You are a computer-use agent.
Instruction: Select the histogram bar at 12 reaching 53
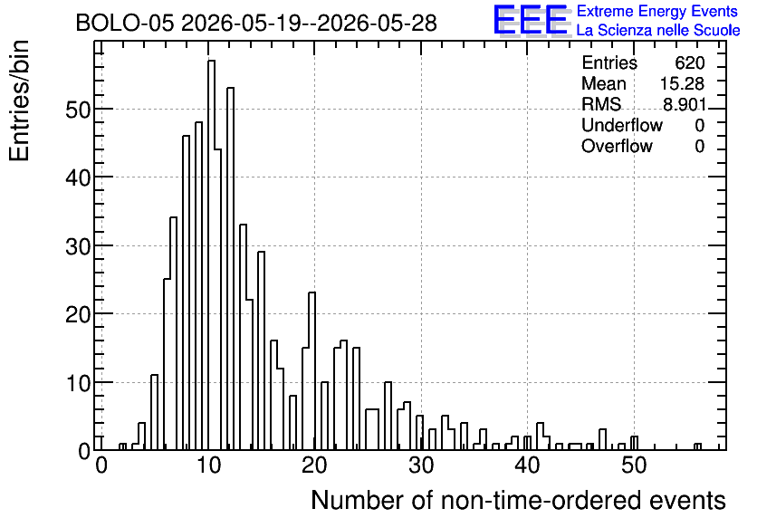[x=230, y=268]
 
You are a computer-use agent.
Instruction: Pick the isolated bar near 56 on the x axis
[x=697, y=446]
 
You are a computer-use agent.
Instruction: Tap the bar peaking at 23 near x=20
[x=311, y=370]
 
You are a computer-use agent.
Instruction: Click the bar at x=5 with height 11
[x=155, y=412]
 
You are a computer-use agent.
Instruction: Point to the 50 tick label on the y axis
[x=77, y=110]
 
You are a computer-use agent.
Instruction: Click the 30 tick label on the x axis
[x=421, y=465]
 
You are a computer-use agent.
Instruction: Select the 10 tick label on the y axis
[x=77, y=383]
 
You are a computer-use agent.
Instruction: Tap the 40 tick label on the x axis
[x=527, y=465]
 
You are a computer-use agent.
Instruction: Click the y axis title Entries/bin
[x=20, y=101]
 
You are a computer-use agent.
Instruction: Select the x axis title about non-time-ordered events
[x=518, y=501]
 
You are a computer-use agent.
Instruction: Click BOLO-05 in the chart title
[x=125, y=23]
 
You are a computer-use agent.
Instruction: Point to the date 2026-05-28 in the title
[x=377, y=23]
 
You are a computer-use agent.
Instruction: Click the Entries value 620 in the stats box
[x=689, y=62]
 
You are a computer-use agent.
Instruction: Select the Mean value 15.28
[x=682, y=83]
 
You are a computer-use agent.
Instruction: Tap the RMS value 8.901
[x=685, y=104]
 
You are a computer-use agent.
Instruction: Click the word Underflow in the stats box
[x=622, y=125]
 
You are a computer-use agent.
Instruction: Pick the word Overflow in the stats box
[x=617, y=146]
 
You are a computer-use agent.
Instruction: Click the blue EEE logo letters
[x=531, y=20]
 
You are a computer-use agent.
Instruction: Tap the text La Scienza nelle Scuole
[x=658, y=31]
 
